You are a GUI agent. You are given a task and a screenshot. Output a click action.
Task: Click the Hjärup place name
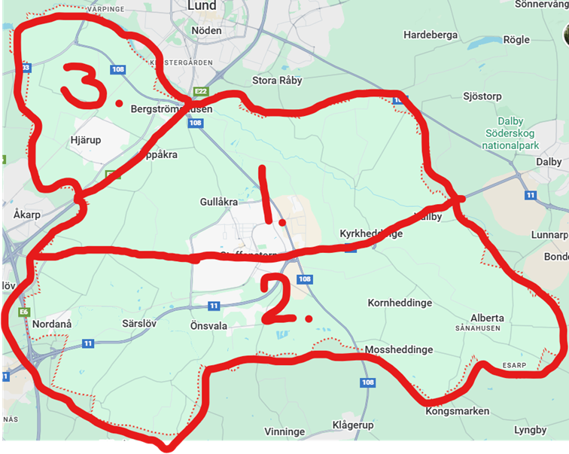point(85,140)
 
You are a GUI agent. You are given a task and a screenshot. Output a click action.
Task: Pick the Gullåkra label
point(219,203)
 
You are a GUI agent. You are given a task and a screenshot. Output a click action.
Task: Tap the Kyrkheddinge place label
point(371,233)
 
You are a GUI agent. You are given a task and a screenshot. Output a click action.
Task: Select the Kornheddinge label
point(399,303)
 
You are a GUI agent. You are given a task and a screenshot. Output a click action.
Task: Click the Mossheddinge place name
point(398,350)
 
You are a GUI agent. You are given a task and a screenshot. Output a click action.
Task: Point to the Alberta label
point(487,318)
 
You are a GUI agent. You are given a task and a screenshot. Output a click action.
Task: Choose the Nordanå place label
point(52,324)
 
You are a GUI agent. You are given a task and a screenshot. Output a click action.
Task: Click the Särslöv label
point(138,325)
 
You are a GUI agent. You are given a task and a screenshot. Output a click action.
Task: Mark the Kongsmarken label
point(458,411)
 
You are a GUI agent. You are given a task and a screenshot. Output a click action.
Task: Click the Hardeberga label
point(431,35)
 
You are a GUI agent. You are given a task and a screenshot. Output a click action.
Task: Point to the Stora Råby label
point(276,80)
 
